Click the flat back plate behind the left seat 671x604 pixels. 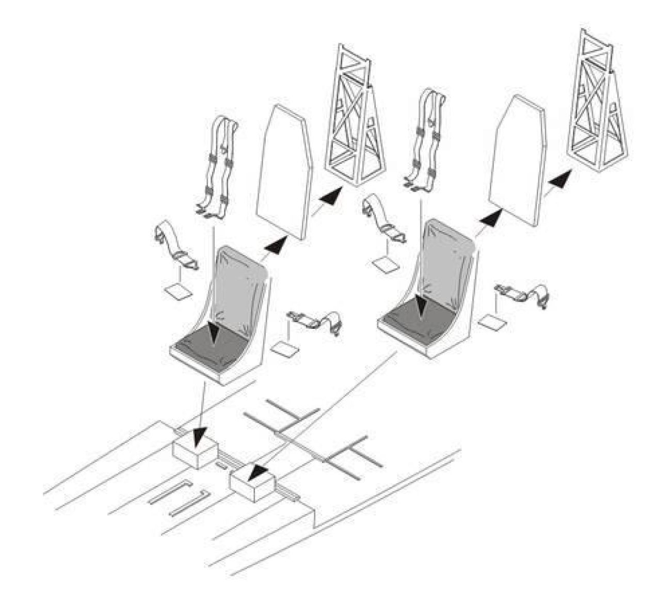(x=284, y=170)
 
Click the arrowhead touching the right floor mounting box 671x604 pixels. (x=258, y=471)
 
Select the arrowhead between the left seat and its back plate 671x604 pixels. (x=276, y=245)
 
